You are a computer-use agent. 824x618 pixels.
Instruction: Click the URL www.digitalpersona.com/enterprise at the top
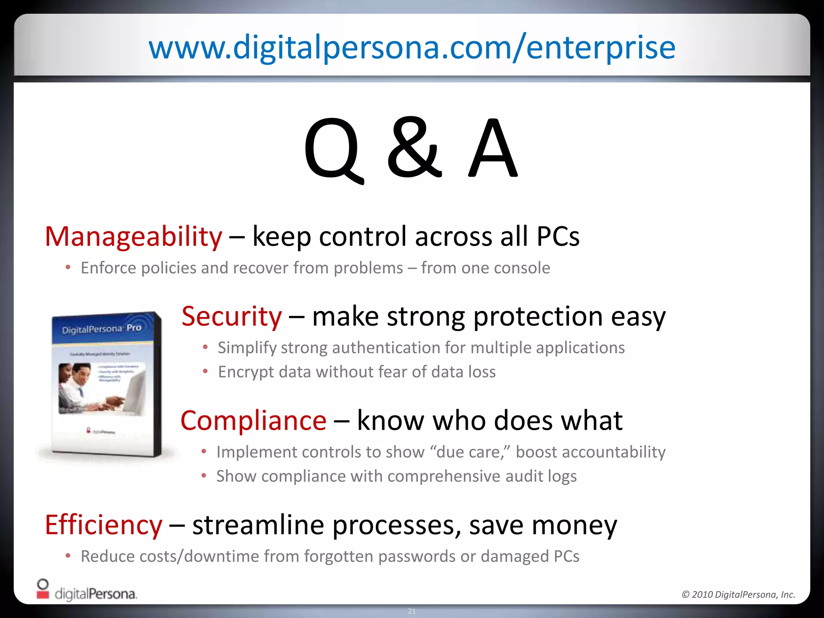click(412, 47)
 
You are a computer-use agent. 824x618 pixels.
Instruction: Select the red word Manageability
click(133, 236)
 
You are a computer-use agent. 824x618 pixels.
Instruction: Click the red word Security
click(232, 316)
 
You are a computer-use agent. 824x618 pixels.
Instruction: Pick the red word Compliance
click(253, 420)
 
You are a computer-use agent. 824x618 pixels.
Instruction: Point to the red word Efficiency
click(103, 525)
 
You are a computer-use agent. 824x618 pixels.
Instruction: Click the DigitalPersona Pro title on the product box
click(101, 329)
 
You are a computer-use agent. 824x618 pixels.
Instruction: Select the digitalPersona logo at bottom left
click(87, 591)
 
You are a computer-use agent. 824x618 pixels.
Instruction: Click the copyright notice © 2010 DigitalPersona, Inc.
click(738, 594)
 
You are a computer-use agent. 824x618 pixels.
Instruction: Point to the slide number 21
click(412, 611)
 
